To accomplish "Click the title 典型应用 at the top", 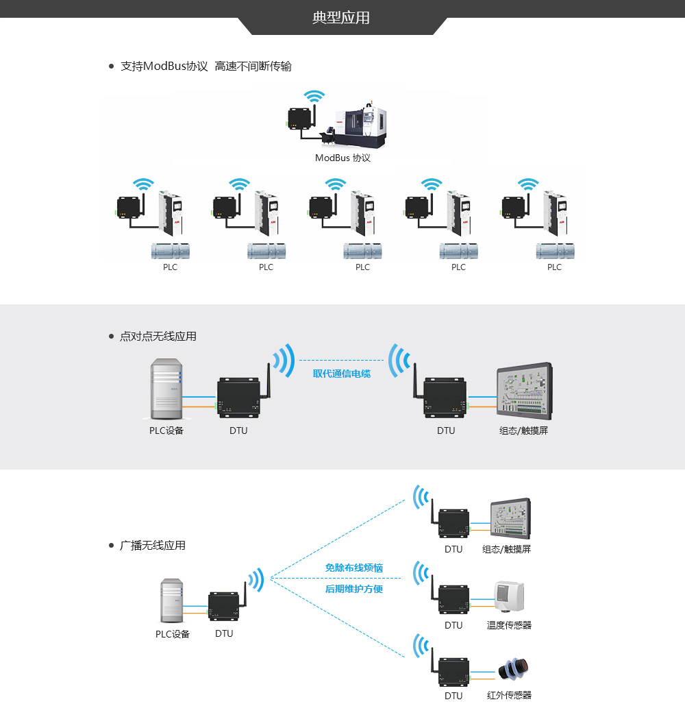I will pos(341,18).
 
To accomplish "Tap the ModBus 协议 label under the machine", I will pos(342,158).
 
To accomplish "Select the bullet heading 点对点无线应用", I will pos(158,337).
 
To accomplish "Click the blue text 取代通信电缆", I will pos(341,374).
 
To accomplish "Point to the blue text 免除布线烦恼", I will pos(353,568).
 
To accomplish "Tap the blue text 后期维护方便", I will pos(353,589).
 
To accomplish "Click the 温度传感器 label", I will pos(509,625).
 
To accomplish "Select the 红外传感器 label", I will pos(509,695).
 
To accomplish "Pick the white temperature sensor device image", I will pos(508,596).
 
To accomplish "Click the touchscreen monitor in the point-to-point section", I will pos(524,391).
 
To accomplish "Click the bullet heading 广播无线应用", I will pos(152,546).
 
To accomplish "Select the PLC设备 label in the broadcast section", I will pos(173,634).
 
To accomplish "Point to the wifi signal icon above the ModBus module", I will pos(314,97).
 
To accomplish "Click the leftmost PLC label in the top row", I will pos(170,267).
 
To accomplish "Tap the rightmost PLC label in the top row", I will pos(554,267).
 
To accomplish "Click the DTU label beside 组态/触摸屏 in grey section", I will pos(446,431).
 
